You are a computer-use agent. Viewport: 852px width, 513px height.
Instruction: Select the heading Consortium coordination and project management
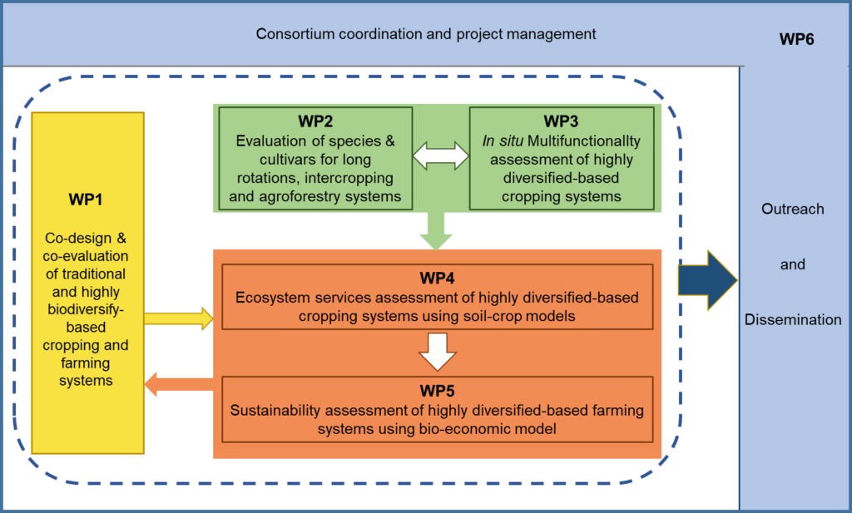click(x=426, y=34)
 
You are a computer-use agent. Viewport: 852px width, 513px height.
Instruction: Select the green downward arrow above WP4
click(x=436, y=230)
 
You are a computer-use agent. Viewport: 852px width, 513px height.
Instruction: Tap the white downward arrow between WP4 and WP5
click(x=438, y=351)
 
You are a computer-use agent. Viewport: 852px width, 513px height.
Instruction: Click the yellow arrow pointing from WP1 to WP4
click(x=179, y=318)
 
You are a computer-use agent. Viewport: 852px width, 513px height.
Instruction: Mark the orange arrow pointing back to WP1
click(x=178, y=384)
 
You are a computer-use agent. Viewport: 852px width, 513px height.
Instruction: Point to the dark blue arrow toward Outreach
click(x=707, y=280)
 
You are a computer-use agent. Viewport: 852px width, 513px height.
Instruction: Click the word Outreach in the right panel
click(x=793, y=209)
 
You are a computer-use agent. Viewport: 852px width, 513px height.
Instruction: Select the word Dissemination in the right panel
click(x=793, y=319)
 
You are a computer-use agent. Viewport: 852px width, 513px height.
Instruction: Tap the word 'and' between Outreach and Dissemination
click(x=793, y=264)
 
